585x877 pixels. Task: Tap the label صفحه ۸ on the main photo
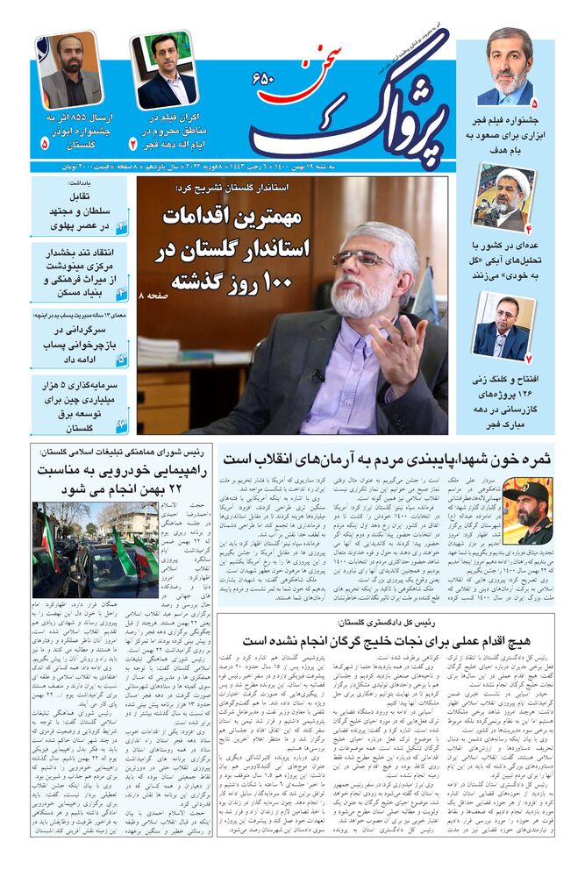[153, 299]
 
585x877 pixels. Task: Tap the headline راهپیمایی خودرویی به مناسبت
[120, 480]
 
